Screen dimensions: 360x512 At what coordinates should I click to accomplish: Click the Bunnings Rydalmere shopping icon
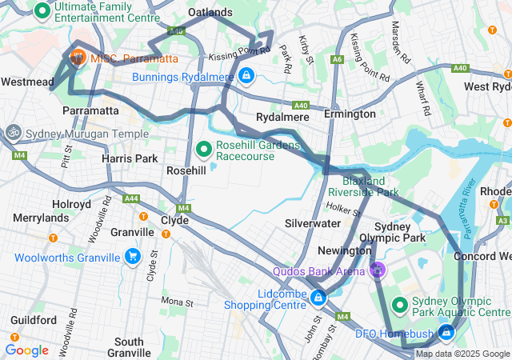tap(246, 76)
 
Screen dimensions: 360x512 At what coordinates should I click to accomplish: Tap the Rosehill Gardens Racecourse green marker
tap(203, 150)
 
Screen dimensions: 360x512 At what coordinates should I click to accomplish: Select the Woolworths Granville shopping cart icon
tap(133, 257)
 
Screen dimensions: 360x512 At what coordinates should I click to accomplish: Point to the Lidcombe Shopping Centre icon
tap(318, 298)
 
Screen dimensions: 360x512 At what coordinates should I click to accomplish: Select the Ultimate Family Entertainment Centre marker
tap(42, 11)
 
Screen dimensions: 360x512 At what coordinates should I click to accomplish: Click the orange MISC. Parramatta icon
tap(78, 57)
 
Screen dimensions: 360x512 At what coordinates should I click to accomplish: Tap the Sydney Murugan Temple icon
tap(14, 132)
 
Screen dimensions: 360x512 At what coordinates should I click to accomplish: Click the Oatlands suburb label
tap(210, 13)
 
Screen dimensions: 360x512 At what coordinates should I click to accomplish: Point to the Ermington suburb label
tap(350, 114)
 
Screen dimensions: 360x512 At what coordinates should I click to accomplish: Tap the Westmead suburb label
tap(27, 82)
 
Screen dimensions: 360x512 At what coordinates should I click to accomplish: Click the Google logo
tap(26, 350)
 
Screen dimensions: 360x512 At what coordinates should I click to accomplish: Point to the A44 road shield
tap(130, 198)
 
